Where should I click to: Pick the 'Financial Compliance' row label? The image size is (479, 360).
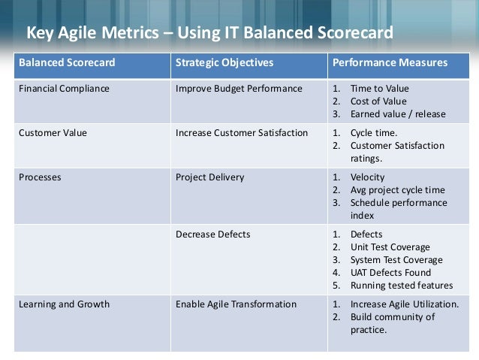click(x=64, y=89)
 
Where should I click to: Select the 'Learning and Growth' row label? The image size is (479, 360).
click(x=64, y=304)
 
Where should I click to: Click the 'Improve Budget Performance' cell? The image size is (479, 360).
click(x=239, y=89)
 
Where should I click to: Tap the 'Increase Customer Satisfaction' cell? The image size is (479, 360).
click(x=241, y=133)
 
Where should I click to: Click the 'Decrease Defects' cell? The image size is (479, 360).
click(x=212, y=234)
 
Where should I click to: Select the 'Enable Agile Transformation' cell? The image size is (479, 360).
click(x=236, y=304)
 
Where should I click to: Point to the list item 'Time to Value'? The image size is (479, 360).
click(x=380, y=89)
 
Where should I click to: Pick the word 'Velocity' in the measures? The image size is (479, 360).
click(x=368, y=177)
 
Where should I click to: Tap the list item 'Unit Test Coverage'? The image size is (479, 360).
click(x=390, y=247)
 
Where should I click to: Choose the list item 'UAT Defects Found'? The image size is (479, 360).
click(x=390, y=273)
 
